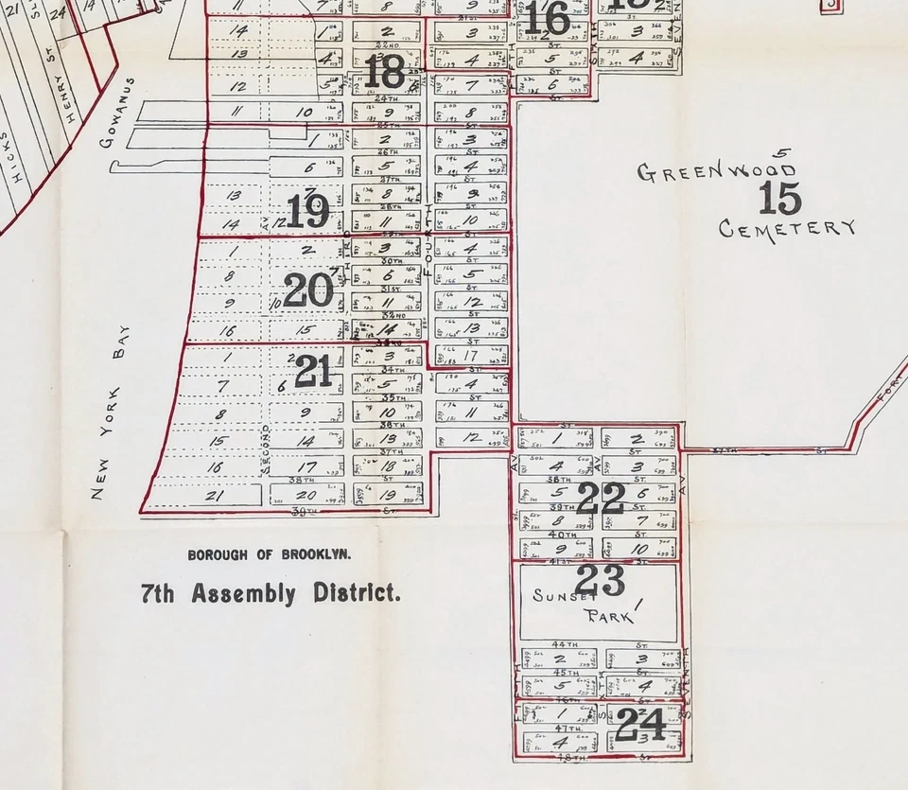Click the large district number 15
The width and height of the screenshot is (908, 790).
pyautogui.click(x=780, y=199)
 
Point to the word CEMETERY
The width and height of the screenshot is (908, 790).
pyautogui.click(x=787, y=228)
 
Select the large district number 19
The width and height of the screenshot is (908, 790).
pyautogui.click(x=307, y=212)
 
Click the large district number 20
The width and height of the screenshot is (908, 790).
pyautogui.click(x=308, y=290)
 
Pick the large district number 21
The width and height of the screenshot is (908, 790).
pyautogui.click(x=313, y=372)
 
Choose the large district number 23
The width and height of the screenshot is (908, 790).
pyautogui.click(x=600, y=580)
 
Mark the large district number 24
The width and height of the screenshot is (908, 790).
pyautogui.click(x=640, y=726)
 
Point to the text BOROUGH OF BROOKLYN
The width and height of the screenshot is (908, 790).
pyautogui.click(x=270, y=553)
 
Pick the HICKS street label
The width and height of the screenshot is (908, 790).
pyautogui.click(x=12, y=161)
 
